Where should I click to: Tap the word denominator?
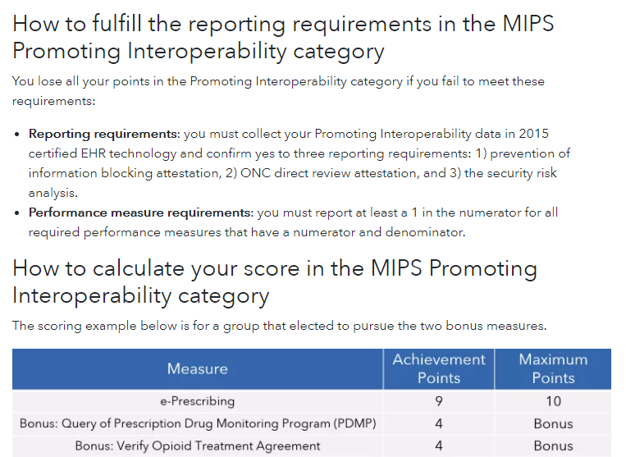click(x=422, y=232)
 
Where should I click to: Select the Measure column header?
click(x=197, y=369)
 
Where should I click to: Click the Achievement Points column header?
click(x=439, y=368)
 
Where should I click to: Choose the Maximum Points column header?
click(x=553, y=368)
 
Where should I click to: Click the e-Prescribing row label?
click(x=197, y=401)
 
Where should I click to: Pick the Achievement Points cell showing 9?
click(x=439, y=401)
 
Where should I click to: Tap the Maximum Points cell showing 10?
click(x=553, y=401)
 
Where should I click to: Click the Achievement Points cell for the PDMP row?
click(x=439, y=424)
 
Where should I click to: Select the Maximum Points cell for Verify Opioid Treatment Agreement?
click(x=553, y=446)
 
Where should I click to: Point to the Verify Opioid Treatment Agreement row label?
click(x=197, y=446)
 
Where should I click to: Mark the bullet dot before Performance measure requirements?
click(x=18, y=213)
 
